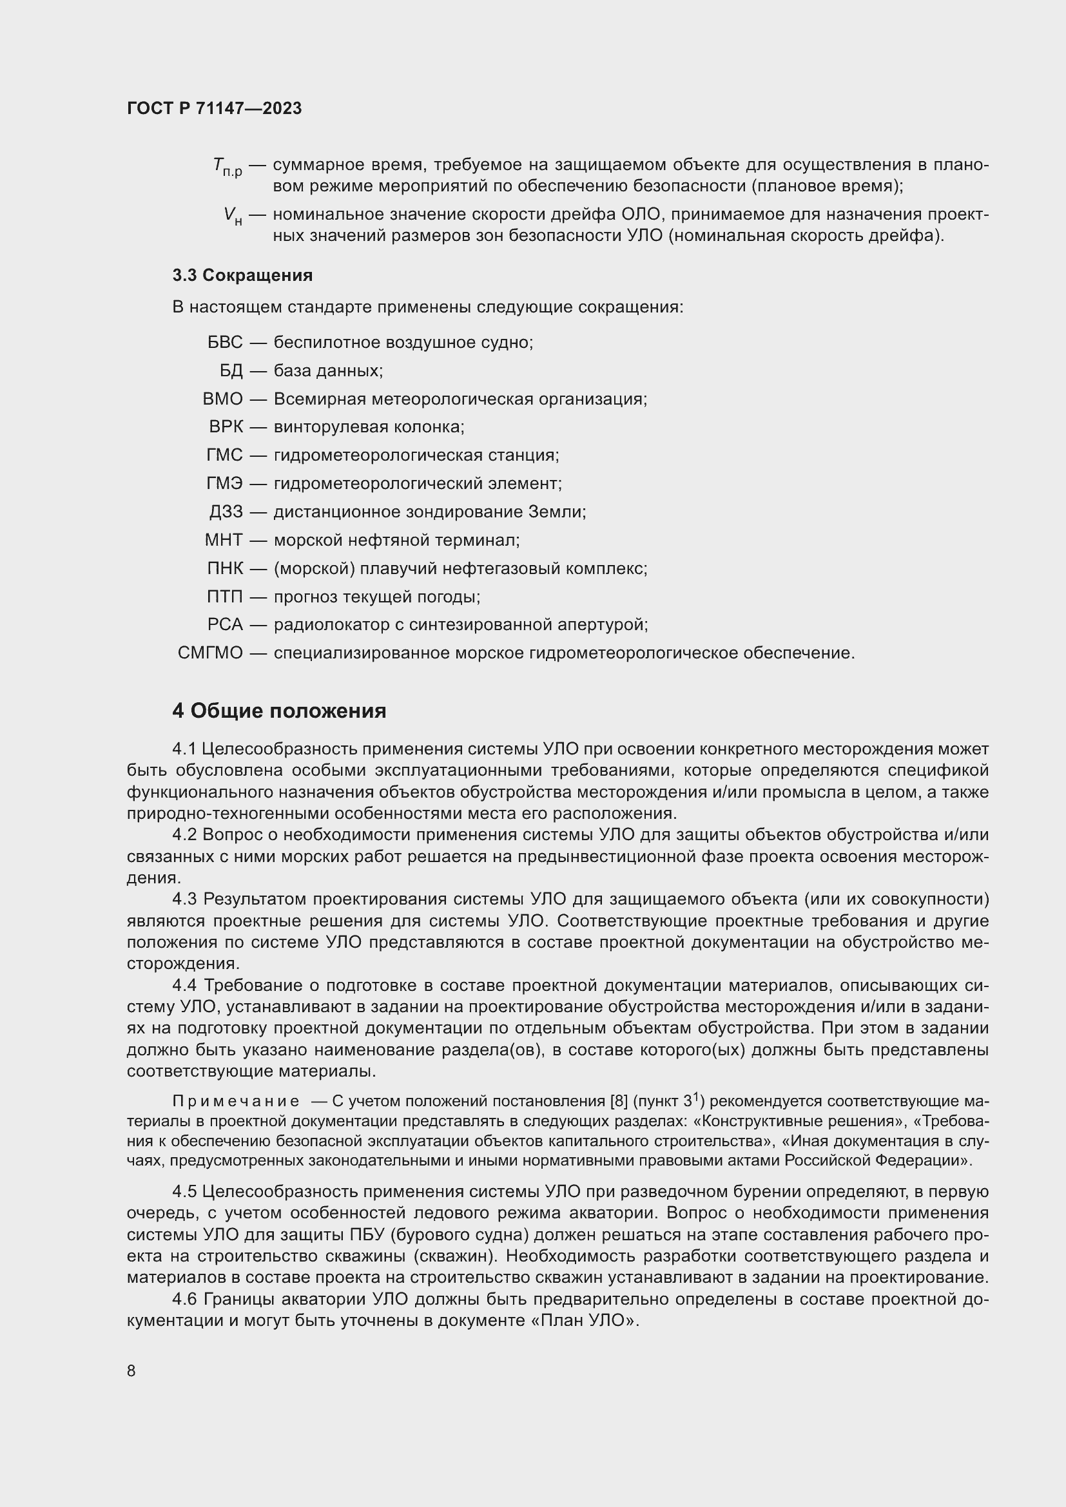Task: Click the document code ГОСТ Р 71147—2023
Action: pyautogui.click(x=214, y=108)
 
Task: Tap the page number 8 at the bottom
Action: pyautogui.click(x=131, y=1370)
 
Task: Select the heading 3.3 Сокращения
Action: pyautogui.click(x=242, y=275)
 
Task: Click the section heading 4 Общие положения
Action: pyautogui.click(x=279, y=711)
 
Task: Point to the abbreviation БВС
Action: pyautogui.click(x=224, y=342)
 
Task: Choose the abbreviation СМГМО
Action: pyautogui.click(x=210, y=653)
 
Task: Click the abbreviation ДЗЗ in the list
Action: pyautogui.click(x=226, y=512)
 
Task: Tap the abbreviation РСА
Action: pyautogui.click(x=225, y=624)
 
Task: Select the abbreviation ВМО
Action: pyautogui.click(x=222, y=399)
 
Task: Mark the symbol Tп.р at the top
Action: pyautogui.click(x=227, y=167)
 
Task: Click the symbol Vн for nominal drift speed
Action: pyautogui.click(x=233, y=216)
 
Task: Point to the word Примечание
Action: pyautogui.click(x=236, y=1100)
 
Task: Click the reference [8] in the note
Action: pyautogui.click(x=619, y=1100)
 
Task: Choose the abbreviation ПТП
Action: pyautogui.click(x=224, y=597)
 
